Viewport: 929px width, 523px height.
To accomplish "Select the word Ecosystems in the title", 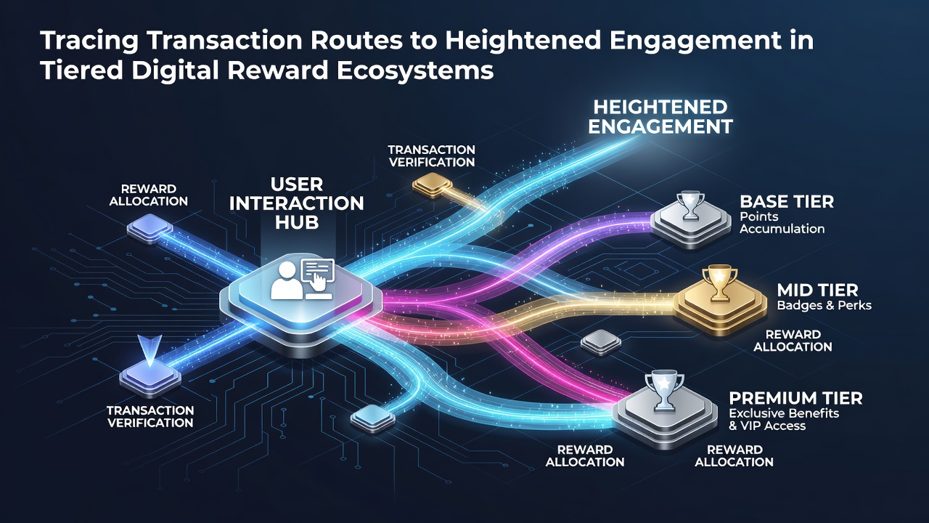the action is (415, 70).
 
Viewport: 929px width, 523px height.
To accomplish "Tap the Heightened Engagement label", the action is (660, 117).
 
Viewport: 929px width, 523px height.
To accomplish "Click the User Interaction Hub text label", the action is (297, 203).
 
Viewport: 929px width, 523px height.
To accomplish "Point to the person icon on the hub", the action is (287, 280).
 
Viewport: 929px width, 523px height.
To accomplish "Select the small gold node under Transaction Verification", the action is (432, 185).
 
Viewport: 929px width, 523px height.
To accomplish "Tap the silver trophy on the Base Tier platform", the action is (690, 205).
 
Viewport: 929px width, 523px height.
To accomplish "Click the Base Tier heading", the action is (787, 202).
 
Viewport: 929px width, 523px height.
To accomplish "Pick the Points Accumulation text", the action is (782, 222).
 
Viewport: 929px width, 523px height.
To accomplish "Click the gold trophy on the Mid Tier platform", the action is (719, 283).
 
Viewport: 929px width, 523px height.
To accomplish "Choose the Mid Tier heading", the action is (817, 290).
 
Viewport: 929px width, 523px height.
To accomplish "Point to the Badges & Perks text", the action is (824, 306).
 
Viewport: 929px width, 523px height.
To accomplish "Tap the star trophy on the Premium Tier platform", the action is (664, 391).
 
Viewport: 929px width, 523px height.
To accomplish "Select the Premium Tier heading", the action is (795, 399).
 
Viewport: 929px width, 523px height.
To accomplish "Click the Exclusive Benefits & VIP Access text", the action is (784, 420).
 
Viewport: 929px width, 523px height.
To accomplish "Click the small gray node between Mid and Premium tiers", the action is (600, 342).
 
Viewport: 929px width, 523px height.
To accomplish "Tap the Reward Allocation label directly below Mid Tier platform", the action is (793, 341).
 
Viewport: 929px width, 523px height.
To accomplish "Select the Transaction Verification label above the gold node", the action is (432, 155).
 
